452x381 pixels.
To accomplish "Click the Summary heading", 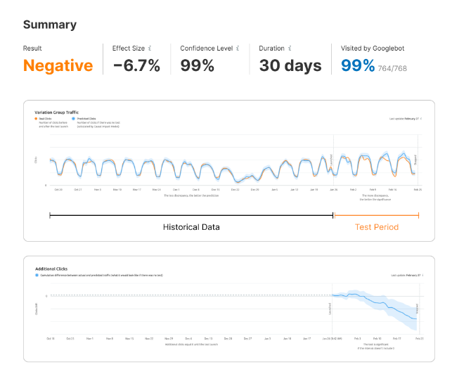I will (50, 25).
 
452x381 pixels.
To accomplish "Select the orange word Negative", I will (58, 66).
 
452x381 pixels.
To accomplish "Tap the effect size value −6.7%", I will (136, 66).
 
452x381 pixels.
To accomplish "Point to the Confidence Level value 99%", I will (197, 66).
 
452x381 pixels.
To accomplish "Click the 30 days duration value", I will (290, 66).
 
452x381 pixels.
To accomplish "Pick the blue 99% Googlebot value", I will (358, 66).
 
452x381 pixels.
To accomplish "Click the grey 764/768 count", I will (392, 68).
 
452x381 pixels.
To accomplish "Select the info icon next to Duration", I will (290, 49).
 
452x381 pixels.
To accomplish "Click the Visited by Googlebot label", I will (373, 49).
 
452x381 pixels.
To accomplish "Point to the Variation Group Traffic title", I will (58, 112).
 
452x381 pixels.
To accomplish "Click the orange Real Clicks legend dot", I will (36, 119).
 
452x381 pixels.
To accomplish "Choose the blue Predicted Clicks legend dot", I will (75, 119).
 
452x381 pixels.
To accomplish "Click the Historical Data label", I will (191, 227).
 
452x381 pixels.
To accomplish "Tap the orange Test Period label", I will (376, 227).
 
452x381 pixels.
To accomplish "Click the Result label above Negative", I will (32, 49).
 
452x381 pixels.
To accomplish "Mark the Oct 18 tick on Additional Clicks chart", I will (50, 339).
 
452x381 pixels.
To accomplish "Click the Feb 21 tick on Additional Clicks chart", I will (418, 339).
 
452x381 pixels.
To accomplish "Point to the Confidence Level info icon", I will (238, 49).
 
